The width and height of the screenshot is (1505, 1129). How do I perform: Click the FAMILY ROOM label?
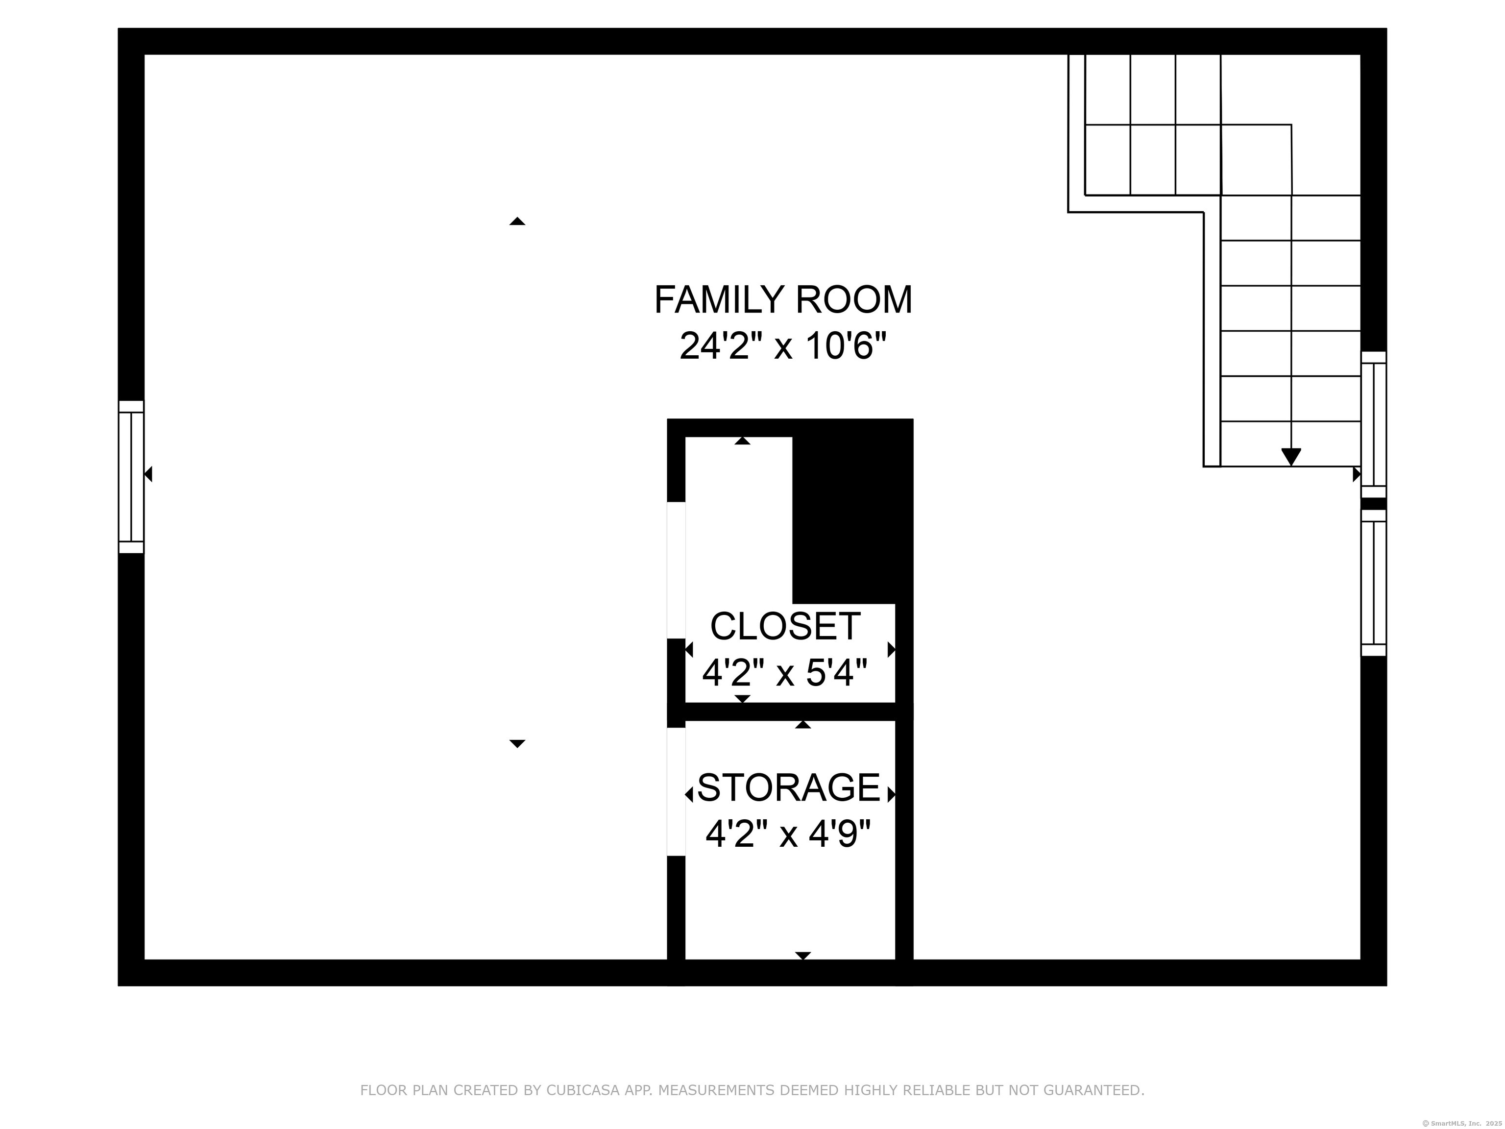coord(783,300)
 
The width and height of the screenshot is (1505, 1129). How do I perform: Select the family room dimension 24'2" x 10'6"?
coord(783,346)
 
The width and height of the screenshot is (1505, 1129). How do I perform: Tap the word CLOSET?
coord(785,626)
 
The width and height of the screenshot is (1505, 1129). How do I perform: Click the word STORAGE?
coord(789,787)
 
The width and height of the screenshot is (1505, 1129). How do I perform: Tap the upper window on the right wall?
coord(1373,425)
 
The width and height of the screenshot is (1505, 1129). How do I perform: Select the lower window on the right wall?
coord(1373,583)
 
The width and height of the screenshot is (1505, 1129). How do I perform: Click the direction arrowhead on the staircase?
coord(1291,457)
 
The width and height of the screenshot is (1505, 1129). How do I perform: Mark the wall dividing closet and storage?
coord(790,711)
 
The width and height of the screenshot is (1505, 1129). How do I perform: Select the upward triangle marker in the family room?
coord(517,221)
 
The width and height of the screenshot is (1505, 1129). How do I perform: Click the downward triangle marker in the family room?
coord(517,744)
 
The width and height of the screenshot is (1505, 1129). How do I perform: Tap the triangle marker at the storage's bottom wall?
coord(803,956)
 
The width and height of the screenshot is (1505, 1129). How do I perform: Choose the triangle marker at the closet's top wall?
coord(742,441)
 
